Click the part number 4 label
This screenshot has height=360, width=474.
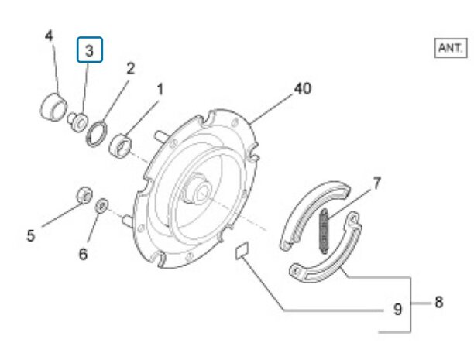[49, 36]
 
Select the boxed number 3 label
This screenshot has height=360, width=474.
[89, 52]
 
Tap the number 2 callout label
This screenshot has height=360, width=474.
[130, 68]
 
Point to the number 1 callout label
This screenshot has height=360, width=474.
[160, 90]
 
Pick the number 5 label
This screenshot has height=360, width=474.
[31, 235]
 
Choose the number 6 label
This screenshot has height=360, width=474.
[83, 253]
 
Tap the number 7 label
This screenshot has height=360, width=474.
[376, 183]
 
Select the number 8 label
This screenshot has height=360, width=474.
[438, 302]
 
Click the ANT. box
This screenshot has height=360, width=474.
[449, 48]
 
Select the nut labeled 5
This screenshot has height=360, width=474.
[82, 194]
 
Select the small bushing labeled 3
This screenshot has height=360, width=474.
[77, 120]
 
